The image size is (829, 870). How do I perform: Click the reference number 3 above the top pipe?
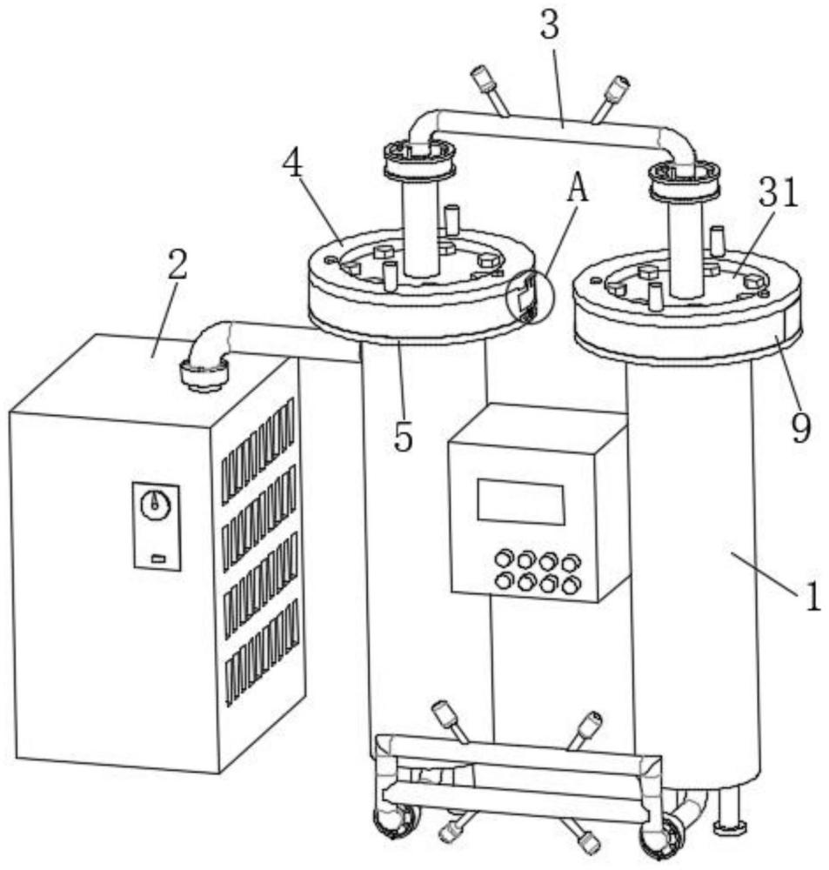549,26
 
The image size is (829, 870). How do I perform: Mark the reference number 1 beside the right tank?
812,597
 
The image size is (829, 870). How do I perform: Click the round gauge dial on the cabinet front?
156,502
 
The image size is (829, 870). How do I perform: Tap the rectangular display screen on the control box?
520,502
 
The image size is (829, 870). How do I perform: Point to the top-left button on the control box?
504,558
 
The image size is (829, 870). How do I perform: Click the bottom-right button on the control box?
570,585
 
